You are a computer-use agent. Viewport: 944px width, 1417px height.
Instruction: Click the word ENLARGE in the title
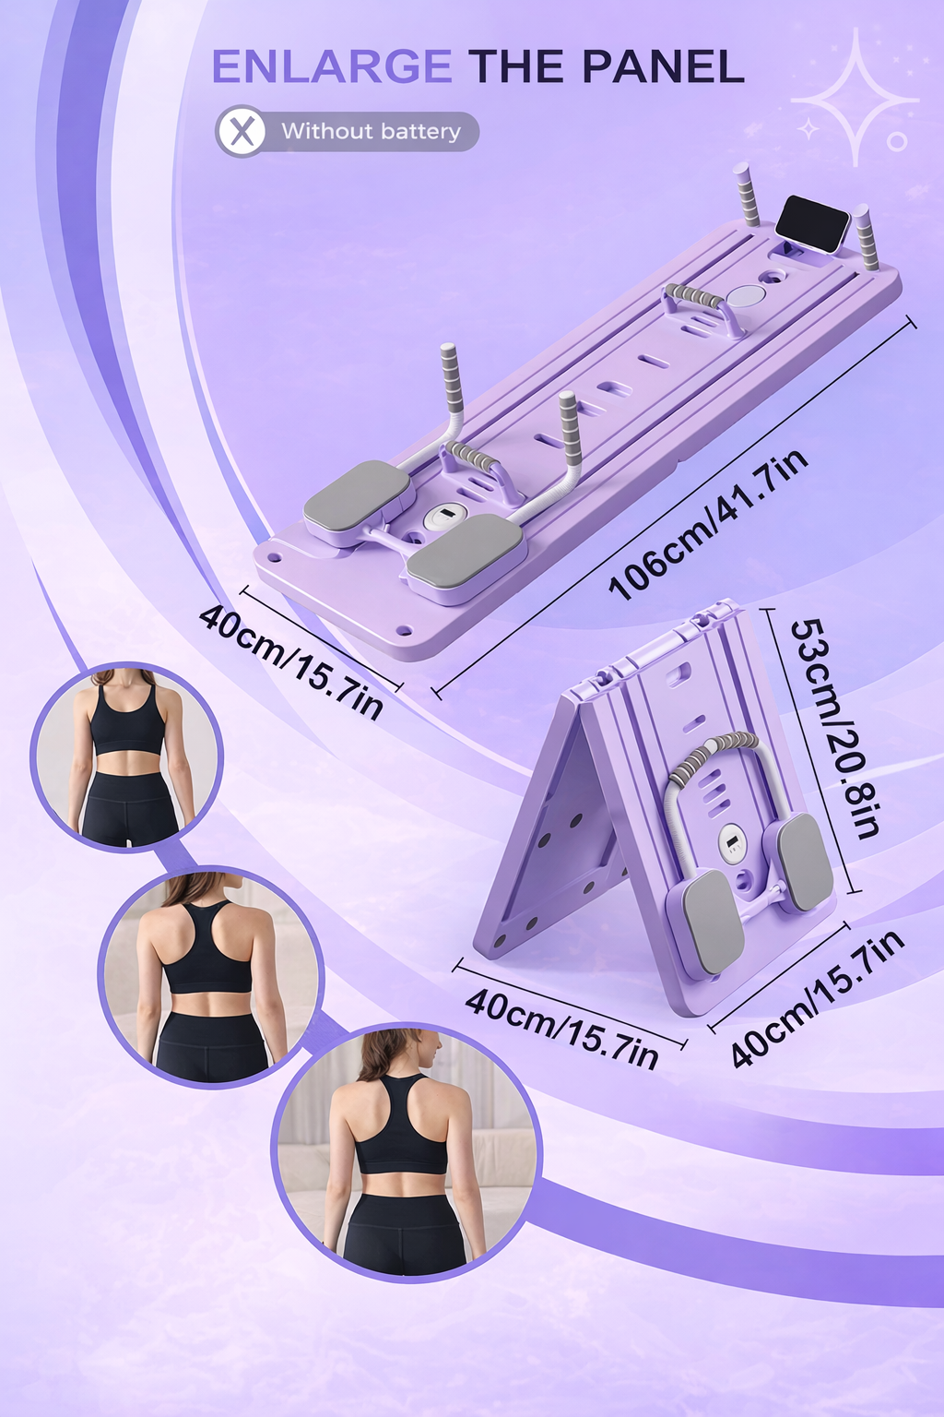coord(332,67)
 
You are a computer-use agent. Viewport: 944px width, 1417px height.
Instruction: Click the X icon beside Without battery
coord(240,132)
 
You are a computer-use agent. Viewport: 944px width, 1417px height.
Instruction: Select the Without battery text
coord(372,132)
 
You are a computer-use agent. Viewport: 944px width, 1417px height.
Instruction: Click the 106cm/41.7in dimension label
coord(708,523)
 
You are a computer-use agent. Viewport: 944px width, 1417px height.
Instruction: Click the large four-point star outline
coord(855,97)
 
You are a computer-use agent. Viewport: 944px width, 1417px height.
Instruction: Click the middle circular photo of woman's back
coord(211,976)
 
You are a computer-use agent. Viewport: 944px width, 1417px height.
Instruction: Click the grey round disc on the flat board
coord(745,296)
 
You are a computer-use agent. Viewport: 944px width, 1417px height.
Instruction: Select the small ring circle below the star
coord(897,142)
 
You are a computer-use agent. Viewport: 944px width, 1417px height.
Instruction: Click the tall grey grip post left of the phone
coord(748,195)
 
